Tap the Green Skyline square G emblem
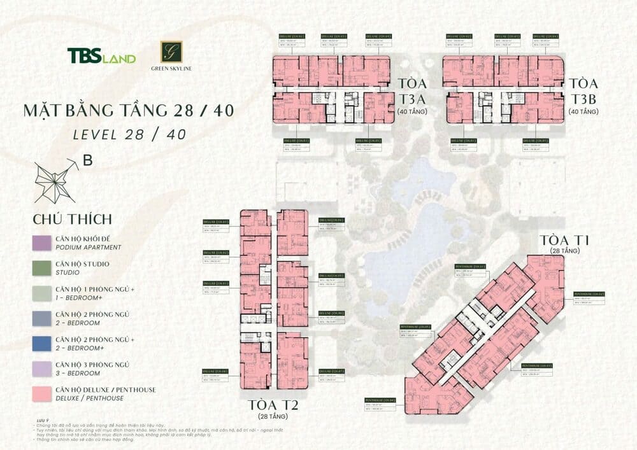171,52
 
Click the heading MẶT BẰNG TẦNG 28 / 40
128,110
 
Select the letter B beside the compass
88,161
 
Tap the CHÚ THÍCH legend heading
72,219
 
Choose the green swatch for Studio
42,267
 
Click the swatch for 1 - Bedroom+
42,293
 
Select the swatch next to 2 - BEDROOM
42,318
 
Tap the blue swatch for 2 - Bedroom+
42,343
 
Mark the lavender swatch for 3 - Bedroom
42,368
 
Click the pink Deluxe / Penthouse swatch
42,393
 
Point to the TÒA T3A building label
412,91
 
